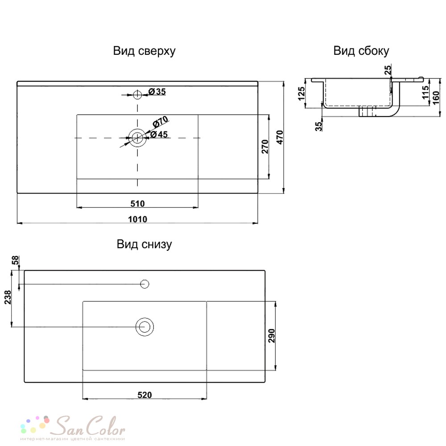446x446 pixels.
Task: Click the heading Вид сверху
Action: pyautogui.click(x=144, y=51)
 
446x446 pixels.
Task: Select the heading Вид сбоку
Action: pyautogui.click(x=361, y=51)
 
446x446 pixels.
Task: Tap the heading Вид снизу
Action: pyautogui.click(x=144, y=244)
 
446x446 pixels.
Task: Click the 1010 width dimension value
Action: pyautogui.click(x=138, y=219)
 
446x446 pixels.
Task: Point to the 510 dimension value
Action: pyautogui.click(x=138, y=204)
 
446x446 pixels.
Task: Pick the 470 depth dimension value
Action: pyautogui.click(x=280, y=137)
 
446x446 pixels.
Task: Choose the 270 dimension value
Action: pyautogui.click(x=265, y=147)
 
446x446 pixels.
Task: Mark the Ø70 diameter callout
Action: pyautogui.click(x=161, y=122)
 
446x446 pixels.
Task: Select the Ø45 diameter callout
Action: pyautogui.click(x=159, y=134)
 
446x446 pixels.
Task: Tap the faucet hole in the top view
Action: pyautogui.click(x=137, y=95)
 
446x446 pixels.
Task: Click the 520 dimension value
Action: pyautogui.click(x=145, y=395)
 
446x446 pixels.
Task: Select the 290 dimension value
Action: pyautogui.click(x=272, y=336)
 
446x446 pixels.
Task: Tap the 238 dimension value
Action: pyautogui.click(x=8, y=297)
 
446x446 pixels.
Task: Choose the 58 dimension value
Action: pyautogui.click(x=15, y=260)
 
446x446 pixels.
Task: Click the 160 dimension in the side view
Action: pyautogui.click(x=436, y=98)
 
